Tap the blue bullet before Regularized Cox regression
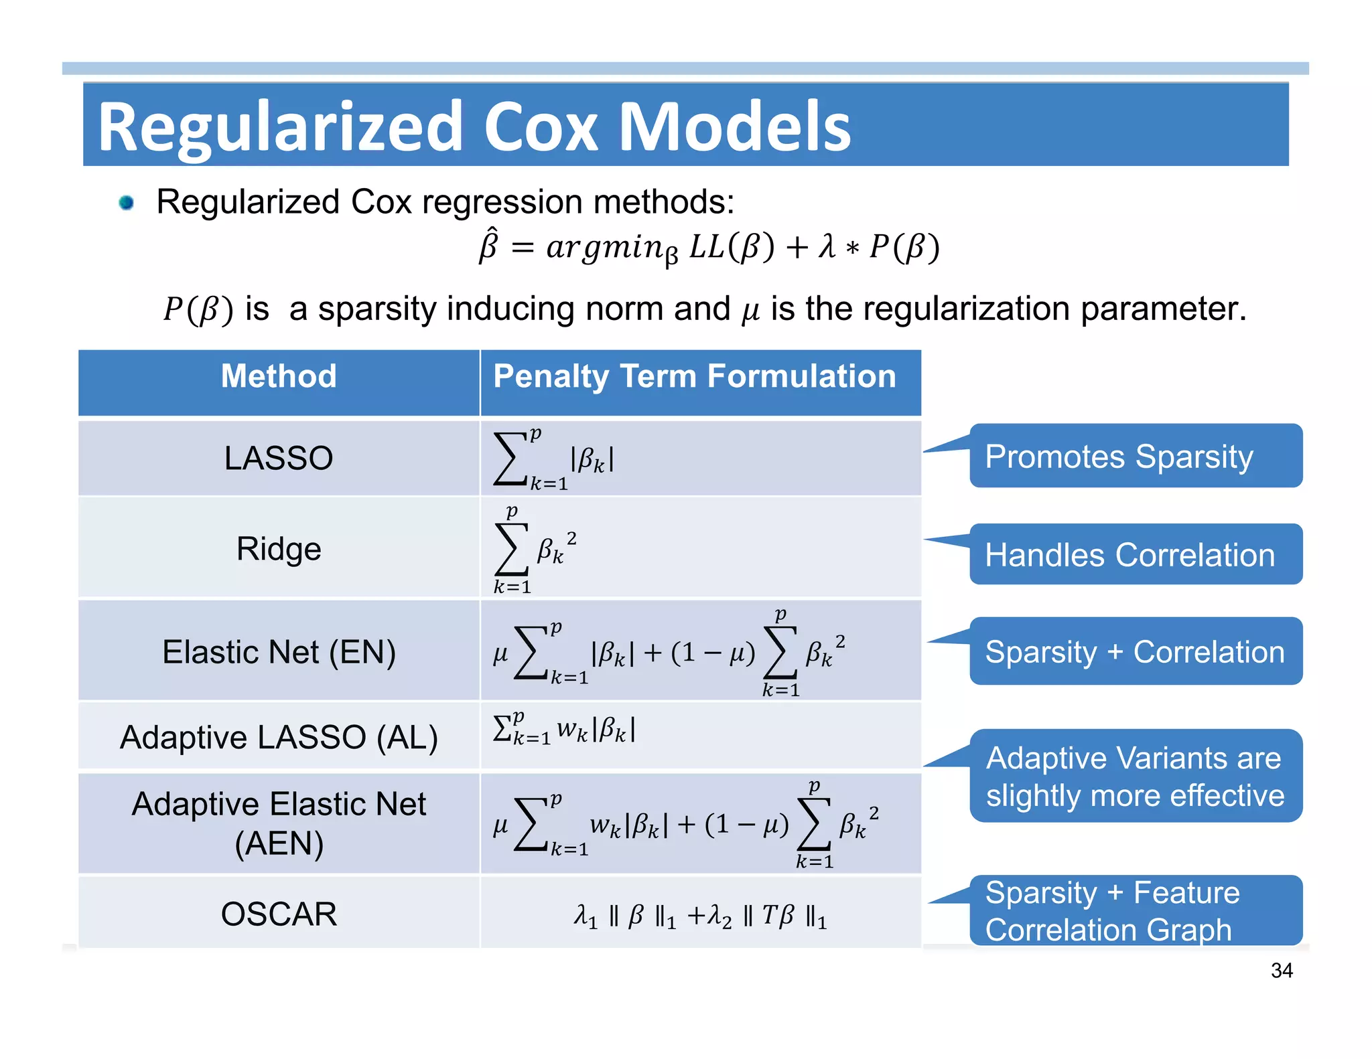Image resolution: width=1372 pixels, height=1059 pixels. tap(126, 202)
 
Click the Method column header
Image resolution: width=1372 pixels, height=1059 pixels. tap(279, 376)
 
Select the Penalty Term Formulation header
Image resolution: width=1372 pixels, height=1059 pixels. tap(694, 376)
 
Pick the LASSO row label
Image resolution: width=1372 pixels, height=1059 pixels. tap(279, 459)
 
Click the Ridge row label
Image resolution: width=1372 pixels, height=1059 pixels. tap(279, 549)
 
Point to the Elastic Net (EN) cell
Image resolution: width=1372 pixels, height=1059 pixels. tap(279, 652)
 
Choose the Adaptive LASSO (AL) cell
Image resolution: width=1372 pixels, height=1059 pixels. tap(279, 738)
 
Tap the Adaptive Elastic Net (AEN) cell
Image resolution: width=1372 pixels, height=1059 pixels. tap(279, 823)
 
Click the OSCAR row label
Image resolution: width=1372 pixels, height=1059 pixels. tap(279, 914)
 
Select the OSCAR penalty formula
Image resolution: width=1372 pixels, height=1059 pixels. tap(700, 916)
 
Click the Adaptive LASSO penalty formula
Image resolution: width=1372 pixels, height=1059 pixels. tap(564, 730)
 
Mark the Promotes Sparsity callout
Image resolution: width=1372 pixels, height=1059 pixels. tap(1135, 457)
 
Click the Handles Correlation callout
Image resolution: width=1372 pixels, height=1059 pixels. tap(1135, 555)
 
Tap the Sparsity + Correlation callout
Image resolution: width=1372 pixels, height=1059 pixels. tap(1135, 651)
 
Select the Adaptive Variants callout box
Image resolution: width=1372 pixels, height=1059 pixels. tap(1135, 777)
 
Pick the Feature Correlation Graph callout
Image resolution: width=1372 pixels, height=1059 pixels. tap(1135, 911)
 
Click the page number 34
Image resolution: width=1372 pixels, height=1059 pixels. tap(1282, 971)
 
